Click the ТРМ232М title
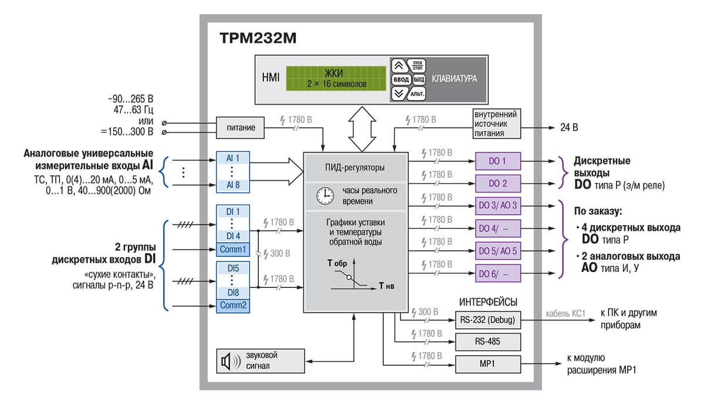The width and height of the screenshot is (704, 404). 258,38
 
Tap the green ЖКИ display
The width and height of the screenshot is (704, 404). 336,79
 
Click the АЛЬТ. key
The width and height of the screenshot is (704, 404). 417,94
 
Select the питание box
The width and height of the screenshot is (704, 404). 240,128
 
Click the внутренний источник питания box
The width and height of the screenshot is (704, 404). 496,124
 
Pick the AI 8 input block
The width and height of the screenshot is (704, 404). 233,185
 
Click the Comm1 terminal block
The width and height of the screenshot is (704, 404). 233,249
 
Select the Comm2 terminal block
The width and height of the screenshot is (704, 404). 233,305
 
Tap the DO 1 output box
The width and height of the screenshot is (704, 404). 498,161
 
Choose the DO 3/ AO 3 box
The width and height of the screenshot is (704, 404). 498,206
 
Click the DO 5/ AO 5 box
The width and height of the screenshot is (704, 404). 498,251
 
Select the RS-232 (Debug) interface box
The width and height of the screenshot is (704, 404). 488,320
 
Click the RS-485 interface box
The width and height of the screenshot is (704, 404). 488,342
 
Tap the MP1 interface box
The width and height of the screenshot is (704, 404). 488,364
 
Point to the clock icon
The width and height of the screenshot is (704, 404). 325,196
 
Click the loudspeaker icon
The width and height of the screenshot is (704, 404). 231,361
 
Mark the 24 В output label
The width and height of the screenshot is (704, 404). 569,128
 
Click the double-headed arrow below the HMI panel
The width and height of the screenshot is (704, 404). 362,130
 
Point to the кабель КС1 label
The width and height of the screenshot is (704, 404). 566,314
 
